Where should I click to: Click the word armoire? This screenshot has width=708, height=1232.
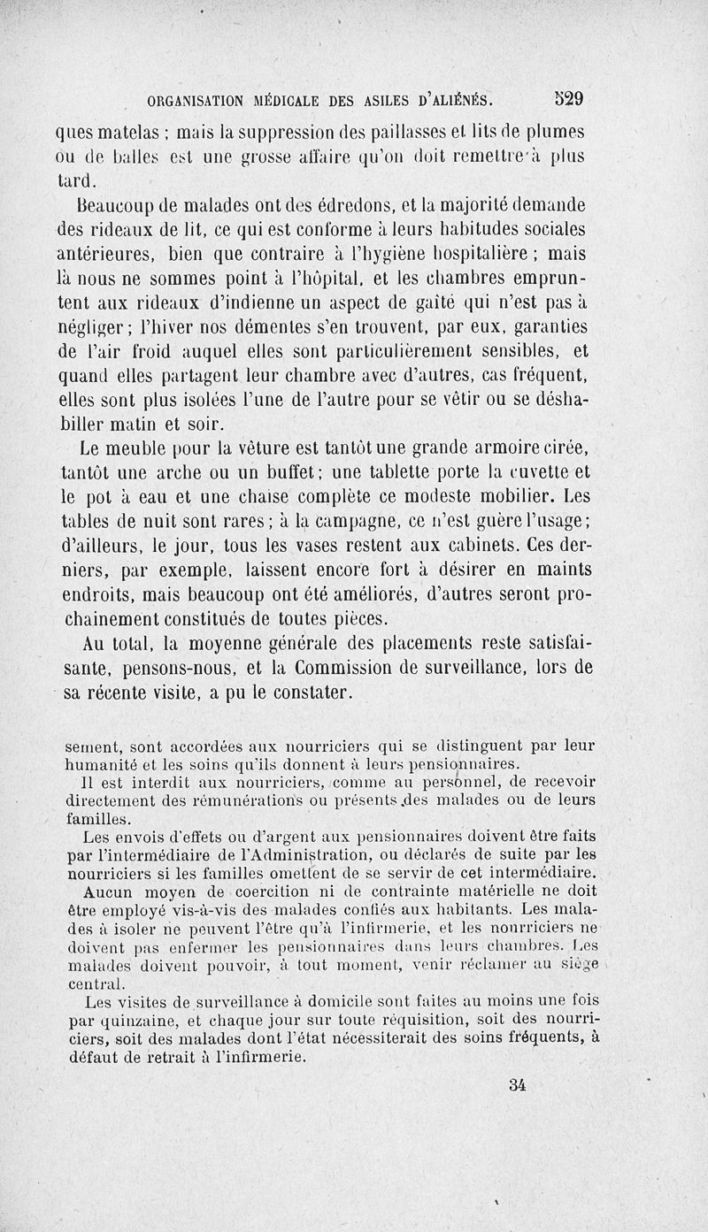(x=511, y=440)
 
